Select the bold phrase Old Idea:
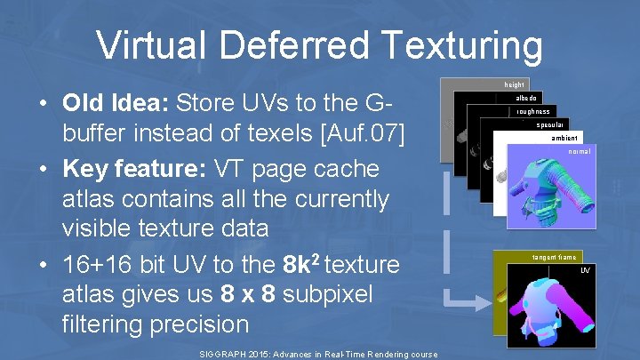point(116,103)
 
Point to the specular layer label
point(551,125)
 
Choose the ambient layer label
point(564,139)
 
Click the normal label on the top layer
point(579,152)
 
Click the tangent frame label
point(554,257)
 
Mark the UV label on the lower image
point(585,270)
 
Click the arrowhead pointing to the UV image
point(483,302)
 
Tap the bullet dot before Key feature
point(43,169)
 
